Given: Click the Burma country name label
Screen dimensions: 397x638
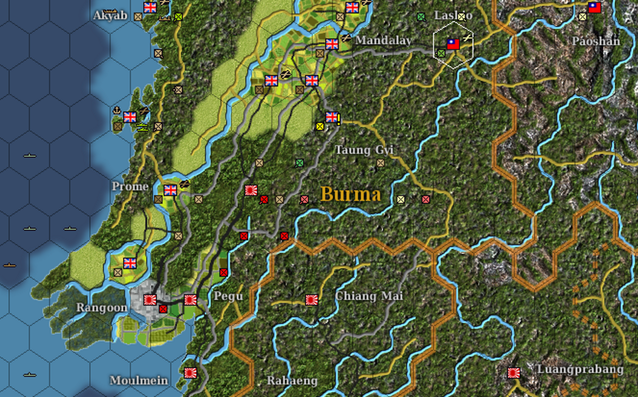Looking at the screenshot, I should [350, 195].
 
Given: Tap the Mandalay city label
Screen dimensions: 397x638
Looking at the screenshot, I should [383, 40].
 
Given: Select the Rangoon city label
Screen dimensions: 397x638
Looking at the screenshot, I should [102, 308].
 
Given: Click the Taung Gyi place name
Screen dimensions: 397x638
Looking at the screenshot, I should [364, 150].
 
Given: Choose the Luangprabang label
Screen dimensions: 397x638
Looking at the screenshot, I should [580, 370].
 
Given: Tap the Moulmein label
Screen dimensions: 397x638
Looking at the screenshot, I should [139, 381].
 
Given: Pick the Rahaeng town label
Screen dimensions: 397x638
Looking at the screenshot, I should [292, 381].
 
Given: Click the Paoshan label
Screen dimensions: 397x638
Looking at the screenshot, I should [596, 41].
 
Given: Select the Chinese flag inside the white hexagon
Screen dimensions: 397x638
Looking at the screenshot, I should [453, 44].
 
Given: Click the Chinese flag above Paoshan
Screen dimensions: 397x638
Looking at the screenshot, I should [595, 7].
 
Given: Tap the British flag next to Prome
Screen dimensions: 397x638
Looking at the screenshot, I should [170, 190].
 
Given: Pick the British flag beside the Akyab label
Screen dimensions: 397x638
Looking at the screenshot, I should [150, 7].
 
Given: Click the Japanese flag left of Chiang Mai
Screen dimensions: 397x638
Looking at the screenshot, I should [311, 300].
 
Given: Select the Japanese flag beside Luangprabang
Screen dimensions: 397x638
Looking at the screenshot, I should [514, 372].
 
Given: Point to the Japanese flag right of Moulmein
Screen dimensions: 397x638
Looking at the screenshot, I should [191, 372].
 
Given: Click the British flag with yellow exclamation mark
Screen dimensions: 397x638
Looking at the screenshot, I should [332, 117].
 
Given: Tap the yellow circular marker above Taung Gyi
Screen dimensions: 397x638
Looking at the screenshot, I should [319, 126].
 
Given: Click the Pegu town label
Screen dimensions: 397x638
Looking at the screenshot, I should [228, 296].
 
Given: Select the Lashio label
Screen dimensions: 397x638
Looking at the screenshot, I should [453, 15].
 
